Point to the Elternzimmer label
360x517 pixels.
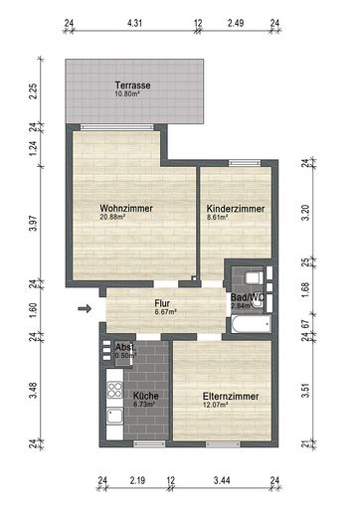click(x=231, y=397)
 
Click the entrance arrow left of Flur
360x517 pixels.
click(x=85, y=308)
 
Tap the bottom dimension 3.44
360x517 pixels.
click(x=223, y=480)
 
